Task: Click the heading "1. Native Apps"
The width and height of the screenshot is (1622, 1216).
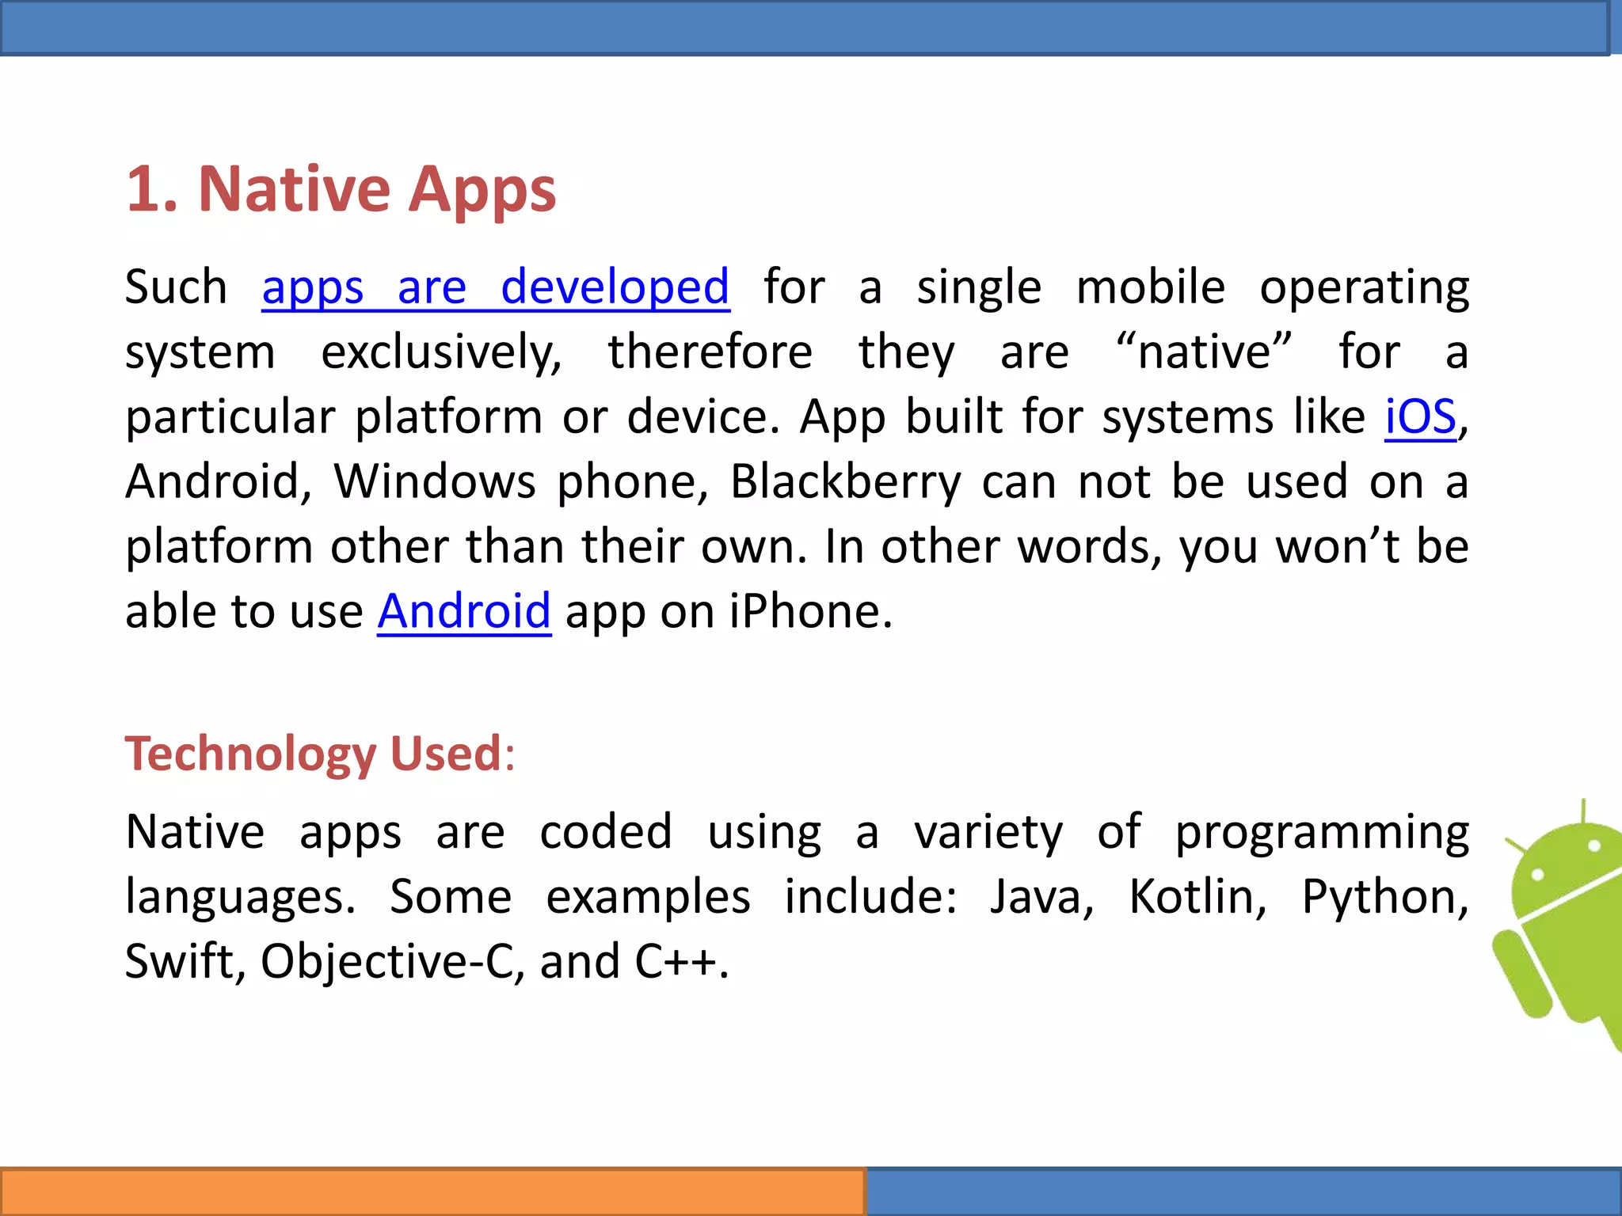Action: point(341,190)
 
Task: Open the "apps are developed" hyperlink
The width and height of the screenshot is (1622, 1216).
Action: point(495,287)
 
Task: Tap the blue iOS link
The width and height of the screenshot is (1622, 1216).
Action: point(1420,417)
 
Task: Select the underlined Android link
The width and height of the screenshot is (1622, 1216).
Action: point(463,612)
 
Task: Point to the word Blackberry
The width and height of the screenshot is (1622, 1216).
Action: point(844,482)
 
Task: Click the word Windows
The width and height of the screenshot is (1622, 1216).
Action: point(434,482)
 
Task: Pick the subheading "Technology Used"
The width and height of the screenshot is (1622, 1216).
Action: point(314,754)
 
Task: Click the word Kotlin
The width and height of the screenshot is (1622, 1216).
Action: point(1197,898)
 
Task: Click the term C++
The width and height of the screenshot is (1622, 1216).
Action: point(676,963)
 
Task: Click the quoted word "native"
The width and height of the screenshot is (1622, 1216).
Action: point(1204,352)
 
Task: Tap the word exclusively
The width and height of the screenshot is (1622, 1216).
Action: point(440,352)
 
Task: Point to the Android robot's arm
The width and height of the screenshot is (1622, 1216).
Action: point(1521,974)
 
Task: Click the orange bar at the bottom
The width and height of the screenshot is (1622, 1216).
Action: point(432,1191)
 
